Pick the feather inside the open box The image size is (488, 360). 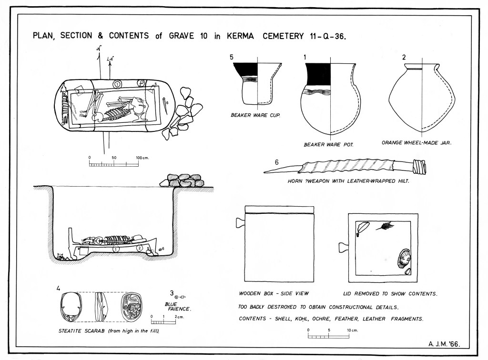384,226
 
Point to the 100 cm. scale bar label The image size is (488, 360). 142,157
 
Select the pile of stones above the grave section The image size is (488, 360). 181,181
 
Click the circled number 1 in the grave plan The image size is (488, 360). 117,84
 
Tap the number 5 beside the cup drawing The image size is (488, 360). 232,57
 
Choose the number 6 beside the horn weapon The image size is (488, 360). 276,161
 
